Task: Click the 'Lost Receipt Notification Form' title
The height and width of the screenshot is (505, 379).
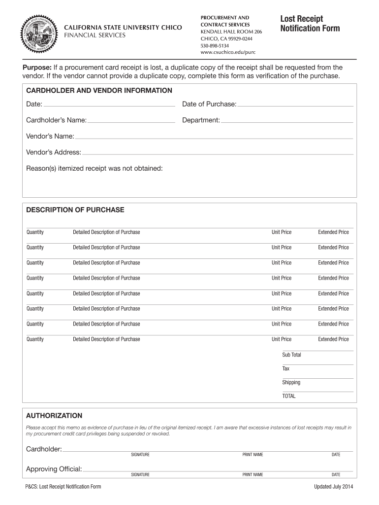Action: (x=310, y=23)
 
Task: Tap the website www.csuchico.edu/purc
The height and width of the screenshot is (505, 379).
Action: (x=228, y=52)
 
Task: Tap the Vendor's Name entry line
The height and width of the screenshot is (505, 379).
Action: (x=214, y=136)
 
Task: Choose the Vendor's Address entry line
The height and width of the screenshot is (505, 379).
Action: (x=218, y=152)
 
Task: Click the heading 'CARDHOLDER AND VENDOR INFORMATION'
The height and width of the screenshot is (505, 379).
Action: (x=99, y=90)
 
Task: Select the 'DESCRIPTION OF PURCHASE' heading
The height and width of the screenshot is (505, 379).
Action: (x=75, y=210)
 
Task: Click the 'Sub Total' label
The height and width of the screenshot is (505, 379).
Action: (x=291, y=355)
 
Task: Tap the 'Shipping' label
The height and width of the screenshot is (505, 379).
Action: (x=291, y=382)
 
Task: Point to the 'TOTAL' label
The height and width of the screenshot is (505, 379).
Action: (x=289, y=396)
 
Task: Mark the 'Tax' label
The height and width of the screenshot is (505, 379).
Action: (x=286, y=368)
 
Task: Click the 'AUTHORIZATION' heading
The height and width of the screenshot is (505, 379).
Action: (x=54, y=416)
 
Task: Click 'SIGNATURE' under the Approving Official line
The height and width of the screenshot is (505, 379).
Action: (x=140, y=474)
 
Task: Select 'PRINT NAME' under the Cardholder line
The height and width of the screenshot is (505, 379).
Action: (x=253, y=454)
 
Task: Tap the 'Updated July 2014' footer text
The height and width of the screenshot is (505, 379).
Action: (x=334, y=487)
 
